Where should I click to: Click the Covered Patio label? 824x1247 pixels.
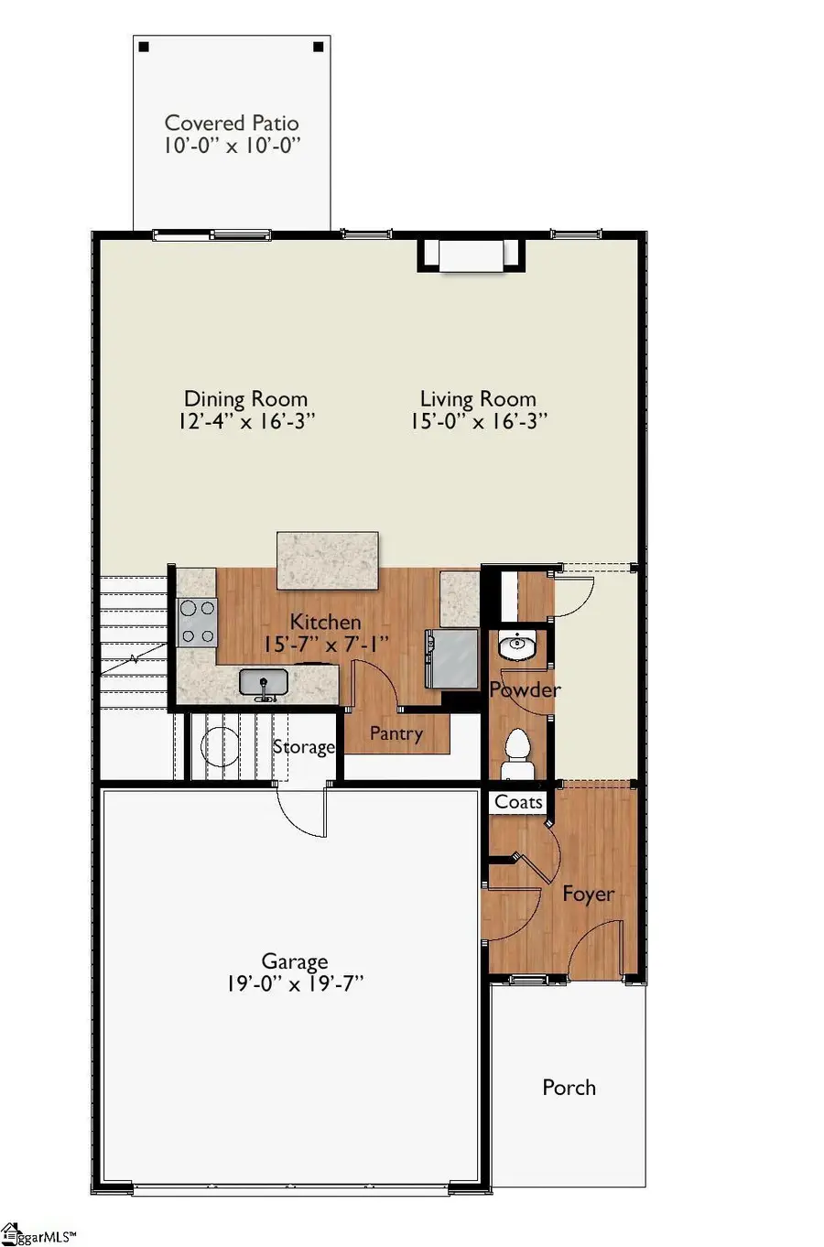click(x=232, y=123)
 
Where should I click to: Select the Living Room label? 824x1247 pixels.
click(x=478, y=399)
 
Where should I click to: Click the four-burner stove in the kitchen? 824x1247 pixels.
click(x=198, y=622)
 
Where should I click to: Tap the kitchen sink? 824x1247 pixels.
click(x=264, y=683)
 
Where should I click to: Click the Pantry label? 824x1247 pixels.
click(x=396, y=733)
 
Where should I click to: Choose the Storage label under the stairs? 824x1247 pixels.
click(x=303, y=747)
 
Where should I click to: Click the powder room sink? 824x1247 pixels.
click(x=517, y=646)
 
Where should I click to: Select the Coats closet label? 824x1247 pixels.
click(x=518, y=802)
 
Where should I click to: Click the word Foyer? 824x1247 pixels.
click(x=588, y=894)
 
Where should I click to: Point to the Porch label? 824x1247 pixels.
click(x=569, y=1088)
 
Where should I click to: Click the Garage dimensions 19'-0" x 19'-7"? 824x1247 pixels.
click(x=295, y=984)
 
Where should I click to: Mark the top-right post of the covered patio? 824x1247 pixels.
click(x=318, y=47)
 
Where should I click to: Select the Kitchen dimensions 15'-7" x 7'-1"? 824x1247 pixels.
click(x=326, y=645)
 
